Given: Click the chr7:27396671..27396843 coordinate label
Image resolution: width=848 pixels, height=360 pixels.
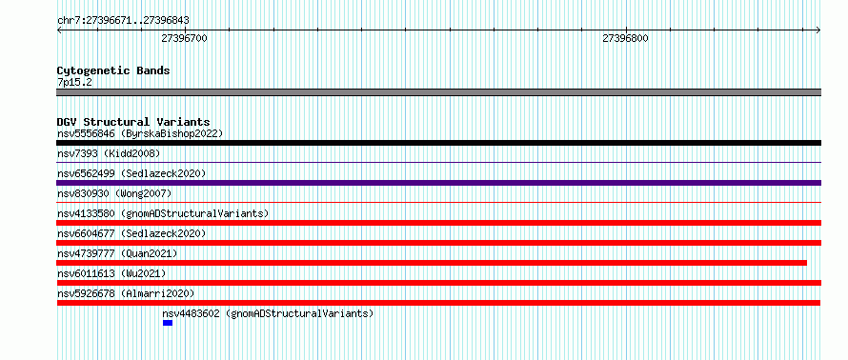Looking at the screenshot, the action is [123, 21].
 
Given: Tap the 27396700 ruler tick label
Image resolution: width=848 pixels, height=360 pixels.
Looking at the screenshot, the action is [185, 38].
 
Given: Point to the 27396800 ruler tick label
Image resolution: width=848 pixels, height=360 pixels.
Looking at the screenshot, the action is [625, 38].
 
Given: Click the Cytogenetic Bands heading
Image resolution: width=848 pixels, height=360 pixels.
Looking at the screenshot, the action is [113, 70].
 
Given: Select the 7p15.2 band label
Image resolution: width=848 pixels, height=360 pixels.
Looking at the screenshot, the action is [74, 82].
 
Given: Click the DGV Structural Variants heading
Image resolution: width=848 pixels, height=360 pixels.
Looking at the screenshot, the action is [133, 122].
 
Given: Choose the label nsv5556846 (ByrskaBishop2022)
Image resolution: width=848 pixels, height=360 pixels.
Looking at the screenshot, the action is [140, 133].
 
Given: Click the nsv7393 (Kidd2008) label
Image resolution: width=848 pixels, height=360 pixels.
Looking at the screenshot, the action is [109, 153].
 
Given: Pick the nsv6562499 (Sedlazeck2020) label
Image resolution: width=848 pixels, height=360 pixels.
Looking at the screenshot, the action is [131, 173].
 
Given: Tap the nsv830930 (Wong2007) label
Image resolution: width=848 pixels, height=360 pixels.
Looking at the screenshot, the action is [114, 193].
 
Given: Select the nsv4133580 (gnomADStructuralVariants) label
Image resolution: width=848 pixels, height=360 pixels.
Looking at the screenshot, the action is [163, 213].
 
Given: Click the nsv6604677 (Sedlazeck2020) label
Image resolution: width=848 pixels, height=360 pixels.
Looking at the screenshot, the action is [131, 233].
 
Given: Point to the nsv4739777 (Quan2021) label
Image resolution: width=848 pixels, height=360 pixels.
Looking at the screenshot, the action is [117, 253].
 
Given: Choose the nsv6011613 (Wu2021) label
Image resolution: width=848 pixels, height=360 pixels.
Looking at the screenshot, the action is [111, 273].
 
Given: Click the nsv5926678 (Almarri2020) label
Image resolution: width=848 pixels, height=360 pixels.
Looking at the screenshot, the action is [126, 293].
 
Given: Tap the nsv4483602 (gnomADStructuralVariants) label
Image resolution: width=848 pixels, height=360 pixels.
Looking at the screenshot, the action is [268, 313].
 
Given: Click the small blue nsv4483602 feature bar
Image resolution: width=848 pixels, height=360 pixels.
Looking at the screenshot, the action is [168, 323].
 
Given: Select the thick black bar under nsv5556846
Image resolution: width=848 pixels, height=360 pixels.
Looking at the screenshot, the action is [438, 143].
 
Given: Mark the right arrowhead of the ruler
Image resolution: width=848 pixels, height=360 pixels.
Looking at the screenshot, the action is [819, 30].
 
